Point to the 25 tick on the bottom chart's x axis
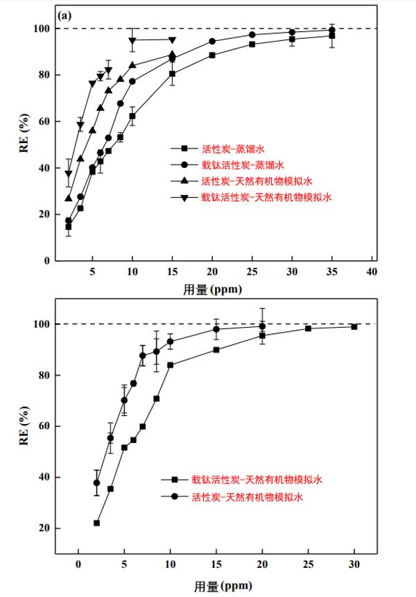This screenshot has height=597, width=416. [308, 564]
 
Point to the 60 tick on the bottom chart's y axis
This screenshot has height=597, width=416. [46, 426]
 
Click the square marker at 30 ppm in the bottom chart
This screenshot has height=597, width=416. [354, 326]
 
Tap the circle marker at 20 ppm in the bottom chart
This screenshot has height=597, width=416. [262, 326]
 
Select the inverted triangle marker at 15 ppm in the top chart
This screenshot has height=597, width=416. [172, 40]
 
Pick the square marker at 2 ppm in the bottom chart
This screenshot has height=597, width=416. [97, 523]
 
